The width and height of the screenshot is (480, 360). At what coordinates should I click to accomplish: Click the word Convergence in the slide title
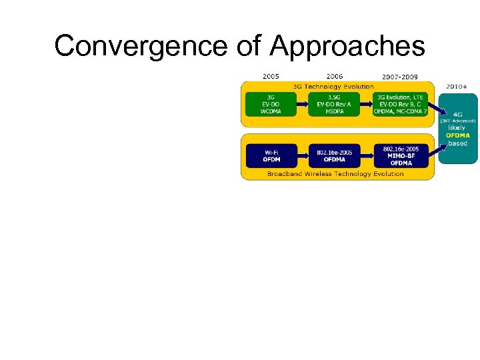(x=141, y=46)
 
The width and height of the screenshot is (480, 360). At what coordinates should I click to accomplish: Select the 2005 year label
(x=271, y=76)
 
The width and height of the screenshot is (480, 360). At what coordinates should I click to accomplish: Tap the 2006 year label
(x=334, y=76)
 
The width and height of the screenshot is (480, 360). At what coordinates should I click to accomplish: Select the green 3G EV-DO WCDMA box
(x=271, y=104)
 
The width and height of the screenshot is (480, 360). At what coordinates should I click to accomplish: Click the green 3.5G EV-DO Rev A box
(x=334, y=104)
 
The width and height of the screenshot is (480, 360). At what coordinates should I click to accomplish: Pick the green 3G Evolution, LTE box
(x=400, y=104)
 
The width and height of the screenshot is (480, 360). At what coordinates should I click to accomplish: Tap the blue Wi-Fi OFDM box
(x=271, y=155)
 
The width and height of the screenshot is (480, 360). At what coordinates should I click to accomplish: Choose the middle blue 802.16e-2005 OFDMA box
(x=334, y=155)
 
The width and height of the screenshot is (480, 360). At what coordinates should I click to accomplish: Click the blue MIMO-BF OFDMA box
(x=401, y=155)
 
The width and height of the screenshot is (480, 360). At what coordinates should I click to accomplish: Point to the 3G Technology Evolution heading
(x=333, y=87)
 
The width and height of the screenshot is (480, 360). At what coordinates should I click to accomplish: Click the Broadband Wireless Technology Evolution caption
(x=335, y=173)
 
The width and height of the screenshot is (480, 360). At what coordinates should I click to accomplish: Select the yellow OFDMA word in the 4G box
(x=458, y=135)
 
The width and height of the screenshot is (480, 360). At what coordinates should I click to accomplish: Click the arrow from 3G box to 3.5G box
(x=302, y=104)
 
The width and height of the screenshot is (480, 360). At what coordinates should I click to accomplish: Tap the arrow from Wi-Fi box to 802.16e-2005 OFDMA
(x=302, y=155)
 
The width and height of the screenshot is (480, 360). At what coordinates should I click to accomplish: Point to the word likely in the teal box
(x=457, y=128)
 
